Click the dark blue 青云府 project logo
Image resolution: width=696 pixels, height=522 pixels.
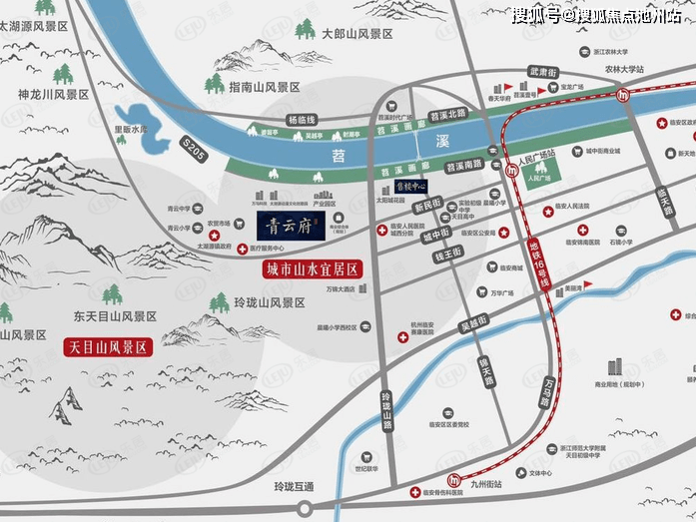pyautogui.click(x=289, y=226)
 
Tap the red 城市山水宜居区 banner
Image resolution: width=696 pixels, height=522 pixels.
pyautogui.click(x=311, y=270)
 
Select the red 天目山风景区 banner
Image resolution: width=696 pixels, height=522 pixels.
pyautogui.click(x=108, y=348)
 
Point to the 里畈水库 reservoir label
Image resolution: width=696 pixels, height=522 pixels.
pyautogui.click(x=130, y=129)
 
